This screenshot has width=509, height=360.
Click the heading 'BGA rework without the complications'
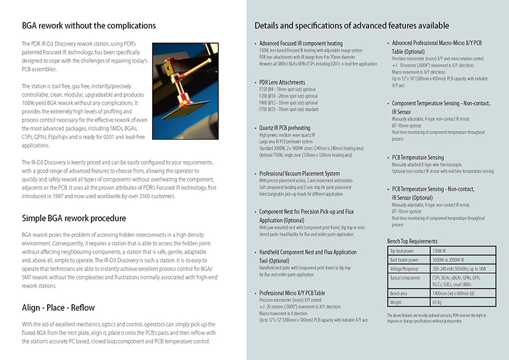(88, 26)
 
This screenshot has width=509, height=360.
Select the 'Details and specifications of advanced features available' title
(352, 26)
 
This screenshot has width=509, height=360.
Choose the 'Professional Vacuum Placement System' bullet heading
(299, 173)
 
